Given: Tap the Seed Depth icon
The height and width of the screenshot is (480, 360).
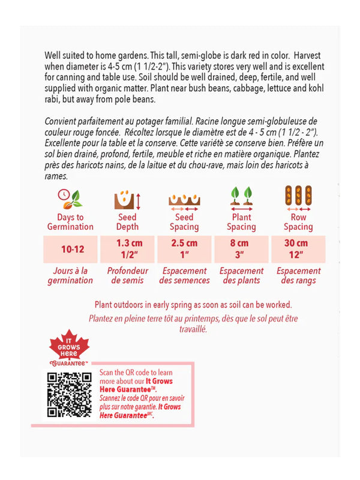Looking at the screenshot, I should [127, 199].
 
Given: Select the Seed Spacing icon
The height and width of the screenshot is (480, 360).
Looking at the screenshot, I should [184, 199].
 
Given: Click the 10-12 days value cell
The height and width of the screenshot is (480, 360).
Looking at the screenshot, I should [70, 249].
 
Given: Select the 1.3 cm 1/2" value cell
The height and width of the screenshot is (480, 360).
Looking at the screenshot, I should [127, 248].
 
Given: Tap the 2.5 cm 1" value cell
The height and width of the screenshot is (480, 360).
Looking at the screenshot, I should [184, 248].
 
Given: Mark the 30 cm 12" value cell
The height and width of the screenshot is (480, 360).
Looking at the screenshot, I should [298, 248].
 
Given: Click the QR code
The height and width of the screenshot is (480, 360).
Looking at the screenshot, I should [69, 394].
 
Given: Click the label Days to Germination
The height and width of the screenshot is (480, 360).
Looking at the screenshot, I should [70, 222].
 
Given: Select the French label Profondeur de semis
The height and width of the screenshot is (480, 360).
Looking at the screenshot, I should [127, 275].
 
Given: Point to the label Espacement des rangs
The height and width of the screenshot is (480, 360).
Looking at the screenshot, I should [298, 275].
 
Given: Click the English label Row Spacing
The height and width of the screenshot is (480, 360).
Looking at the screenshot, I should [298, 222].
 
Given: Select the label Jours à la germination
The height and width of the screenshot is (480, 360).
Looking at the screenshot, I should [70, 275].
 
